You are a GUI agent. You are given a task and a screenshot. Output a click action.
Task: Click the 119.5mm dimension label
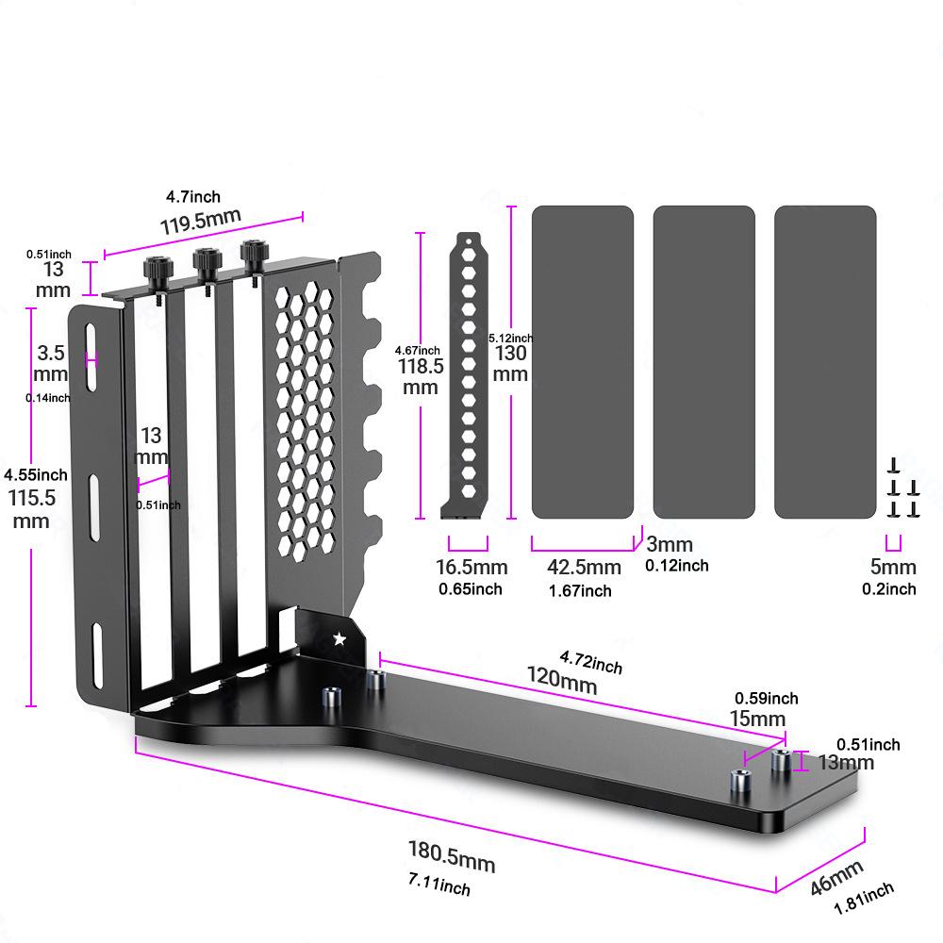(x=200, y=222)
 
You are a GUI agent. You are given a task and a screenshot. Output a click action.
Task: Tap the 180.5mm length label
(x=451, y=856)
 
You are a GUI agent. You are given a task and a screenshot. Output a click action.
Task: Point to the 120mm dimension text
(x=563, y=681)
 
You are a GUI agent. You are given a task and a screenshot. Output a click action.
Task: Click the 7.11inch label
(x=438, y=885)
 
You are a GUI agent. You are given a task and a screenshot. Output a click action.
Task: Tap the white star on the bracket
(x=339, y=639)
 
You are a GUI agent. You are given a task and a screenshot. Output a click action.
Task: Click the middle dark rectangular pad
(x=703, y=362)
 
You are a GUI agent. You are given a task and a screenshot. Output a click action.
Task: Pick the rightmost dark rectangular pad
(x=825, y=362)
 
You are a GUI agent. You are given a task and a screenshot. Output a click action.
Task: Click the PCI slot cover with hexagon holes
(x=465, y=377)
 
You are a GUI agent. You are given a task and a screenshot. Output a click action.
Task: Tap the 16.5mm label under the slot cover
(x=471, y=568)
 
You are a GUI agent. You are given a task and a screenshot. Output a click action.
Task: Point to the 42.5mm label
(x=584, y=568)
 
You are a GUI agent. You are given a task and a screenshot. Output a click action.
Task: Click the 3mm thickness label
(x=670, y=544)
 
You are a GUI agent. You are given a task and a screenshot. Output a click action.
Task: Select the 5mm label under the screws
(x=892, y=568)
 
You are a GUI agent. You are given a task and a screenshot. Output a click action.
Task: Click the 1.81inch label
(x=864, y=900)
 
